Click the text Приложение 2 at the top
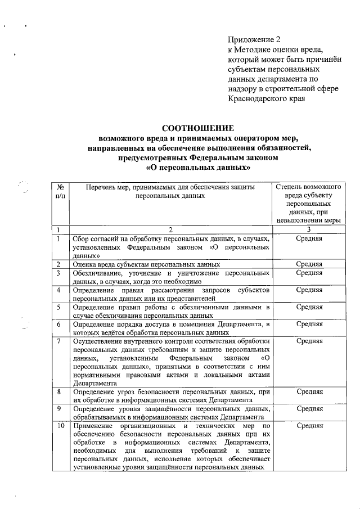pyautogui.click(x=254, y=40)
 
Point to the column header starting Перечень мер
pyautogui.click(x=170, y=190)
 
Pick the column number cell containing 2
pyautogui.click(x=170, y=229)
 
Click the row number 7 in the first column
pyautogui.click(x=59, y=341)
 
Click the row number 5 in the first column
pyautogui.click(x=59, y=307)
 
